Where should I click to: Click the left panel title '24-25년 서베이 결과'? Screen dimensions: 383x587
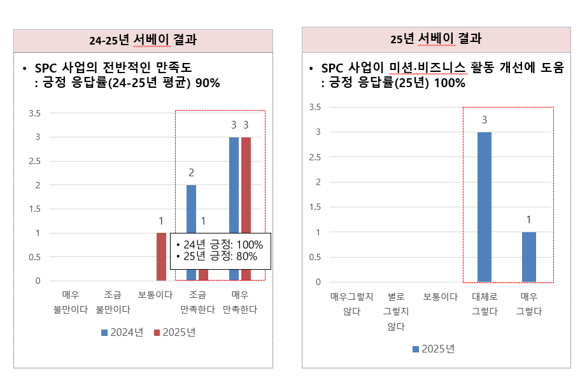click(x=143, y=40)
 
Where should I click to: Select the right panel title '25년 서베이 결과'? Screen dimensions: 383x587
click(x=436, y=39)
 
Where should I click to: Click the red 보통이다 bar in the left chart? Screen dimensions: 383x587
click(x=161, y=256)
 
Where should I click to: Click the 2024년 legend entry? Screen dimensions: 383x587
click(x=122, y=332)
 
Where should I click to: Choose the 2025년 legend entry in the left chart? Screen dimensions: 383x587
click(x=174, y=332)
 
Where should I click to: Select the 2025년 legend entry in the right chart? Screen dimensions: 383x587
click(x=435, y=349)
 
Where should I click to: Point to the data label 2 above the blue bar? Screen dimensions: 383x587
click(x=191, y=172)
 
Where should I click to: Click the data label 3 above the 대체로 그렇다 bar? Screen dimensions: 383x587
click(x=484, y=120)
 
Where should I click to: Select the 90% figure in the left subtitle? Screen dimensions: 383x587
click(x=208, y=82)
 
